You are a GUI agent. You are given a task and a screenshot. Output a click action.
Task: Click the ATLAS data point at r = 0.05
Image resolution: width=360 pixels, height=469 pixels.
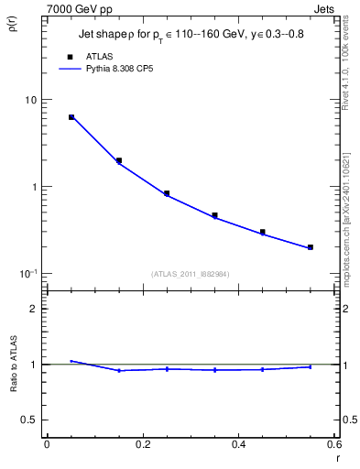coord(71,117)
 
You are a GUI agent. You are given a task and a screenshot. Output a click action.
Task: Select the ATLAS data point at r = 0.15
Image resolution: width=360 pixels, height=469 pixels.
coord(119,160)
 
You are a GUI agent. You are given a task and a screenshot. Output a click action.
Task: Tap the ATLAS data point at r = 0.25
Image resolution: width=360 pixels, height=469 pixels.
coord(167,193)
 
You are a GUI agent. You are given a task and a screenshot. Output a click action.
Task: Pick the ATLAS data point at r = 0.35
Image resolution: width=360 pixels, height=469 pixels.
coord(214,215)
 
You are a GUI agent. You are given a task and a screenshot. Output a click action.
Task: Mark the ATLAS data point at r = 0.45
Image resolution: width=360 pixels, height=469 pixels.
coord(263,232)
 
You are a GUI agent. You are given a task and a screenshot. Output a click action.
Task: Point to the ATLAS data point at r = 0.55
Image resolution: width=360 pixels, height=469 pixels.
coord(311,247)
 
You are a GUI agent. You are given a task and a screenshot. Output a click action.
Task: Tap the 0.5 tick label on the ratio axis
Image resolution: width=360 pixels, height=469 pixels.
coord(28,420)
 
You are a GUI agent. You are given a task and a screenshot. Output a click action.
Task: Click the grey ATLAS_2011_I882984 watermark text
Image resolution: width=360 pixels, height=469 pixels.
coord(190,274)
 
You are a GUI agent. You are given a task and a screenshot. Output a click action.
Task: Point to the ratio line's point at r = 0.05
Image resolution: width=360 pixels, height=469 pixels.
coord(71,361)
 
